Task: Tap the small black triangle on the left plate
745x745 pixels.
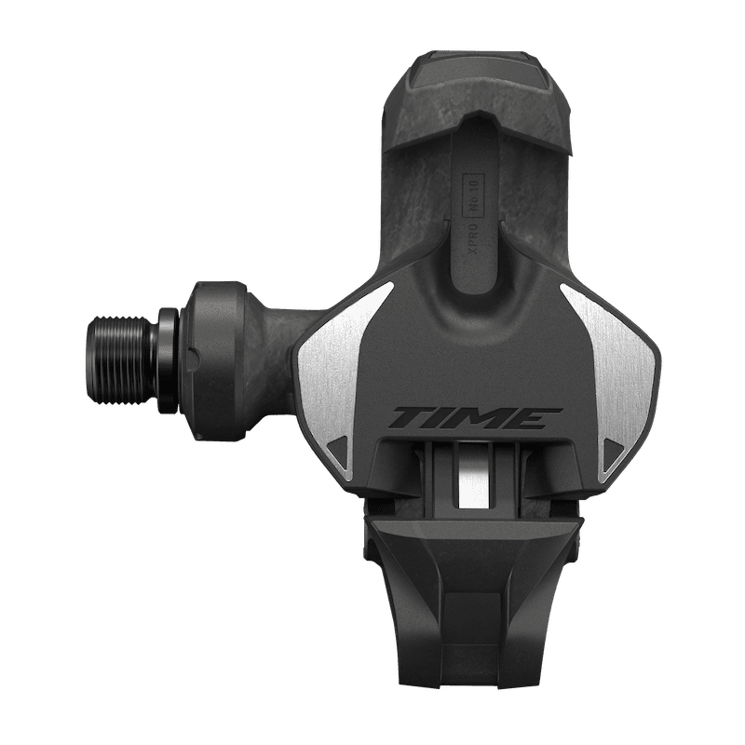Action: (x=340, y=448)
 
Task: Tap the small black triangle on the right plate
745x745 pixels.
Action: (x=612, y=448)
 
